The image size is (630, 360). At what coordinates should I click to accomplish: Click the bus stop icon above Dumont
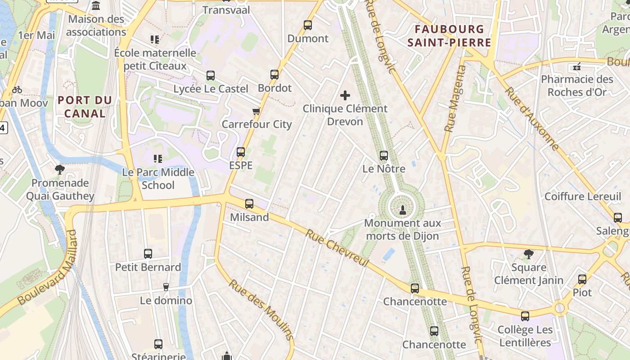[308, 25]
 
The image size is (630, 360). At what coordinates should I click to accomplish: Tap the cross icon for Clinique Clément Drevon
[345, 95]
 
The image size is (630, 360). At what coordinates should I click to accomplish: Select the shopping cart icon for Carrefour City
[256, 111]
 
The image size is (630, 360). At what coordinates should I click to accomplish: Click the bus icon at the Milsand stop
[249, 204]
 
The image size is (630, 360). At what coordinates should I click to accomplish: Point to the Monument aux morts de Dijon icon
[402, 209]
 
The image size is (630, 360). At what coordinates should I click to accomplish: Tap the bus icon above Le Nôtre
[384, 156]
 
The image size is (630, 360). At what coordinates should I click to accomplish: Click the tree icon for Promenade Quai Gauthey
[59, 170]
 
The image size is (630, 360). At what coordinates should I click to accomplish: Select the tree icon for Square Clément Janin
[529, 254]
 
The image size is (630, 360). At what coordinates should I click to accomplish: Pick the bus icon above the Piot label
[582, 279]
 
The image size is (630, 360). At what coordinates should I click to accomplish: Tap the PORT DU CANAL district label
[85, 107]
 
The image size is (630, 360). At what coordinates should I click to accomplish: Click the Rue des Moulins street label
[261, 310]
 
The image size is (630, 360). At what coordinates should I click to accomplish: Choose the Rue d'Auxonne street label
[531, 118]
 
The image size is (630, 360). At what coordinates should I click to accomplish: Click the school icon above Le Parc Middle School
[157, 158]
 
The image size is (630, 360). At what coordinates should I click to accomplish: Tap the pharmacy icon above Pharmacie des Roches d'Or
[577, 67]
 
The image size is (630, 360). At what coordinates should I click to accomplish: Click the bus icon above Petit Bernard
[148, 254]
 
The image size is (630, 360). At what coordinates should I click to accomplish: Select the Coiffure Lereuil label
[582, 197]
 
